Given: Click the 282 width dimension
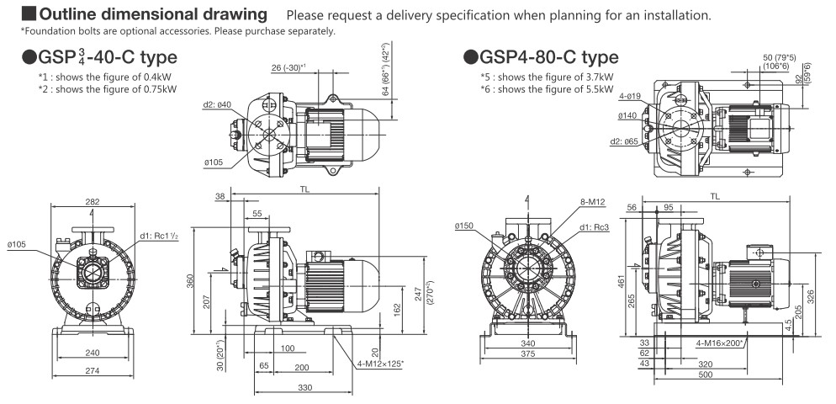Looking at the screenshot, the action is point(93,201).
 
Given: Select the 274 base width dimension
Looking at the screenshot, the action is point(93,369).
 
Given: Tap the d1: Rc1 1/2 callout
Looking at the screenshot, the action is point(159,237).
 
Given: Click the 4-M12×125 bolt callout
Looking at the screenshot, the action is point(380,364).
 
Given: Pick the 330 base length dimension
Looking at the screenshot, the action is point(304,387).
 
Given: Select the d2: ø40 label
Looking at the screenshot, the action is point(217,104).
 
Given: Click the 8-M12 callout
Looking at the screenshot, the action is point(592,202).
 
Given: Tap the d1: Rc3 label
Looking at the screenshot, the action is point(595,227).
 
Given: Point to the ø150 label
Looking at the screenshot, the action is point(463,226).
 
